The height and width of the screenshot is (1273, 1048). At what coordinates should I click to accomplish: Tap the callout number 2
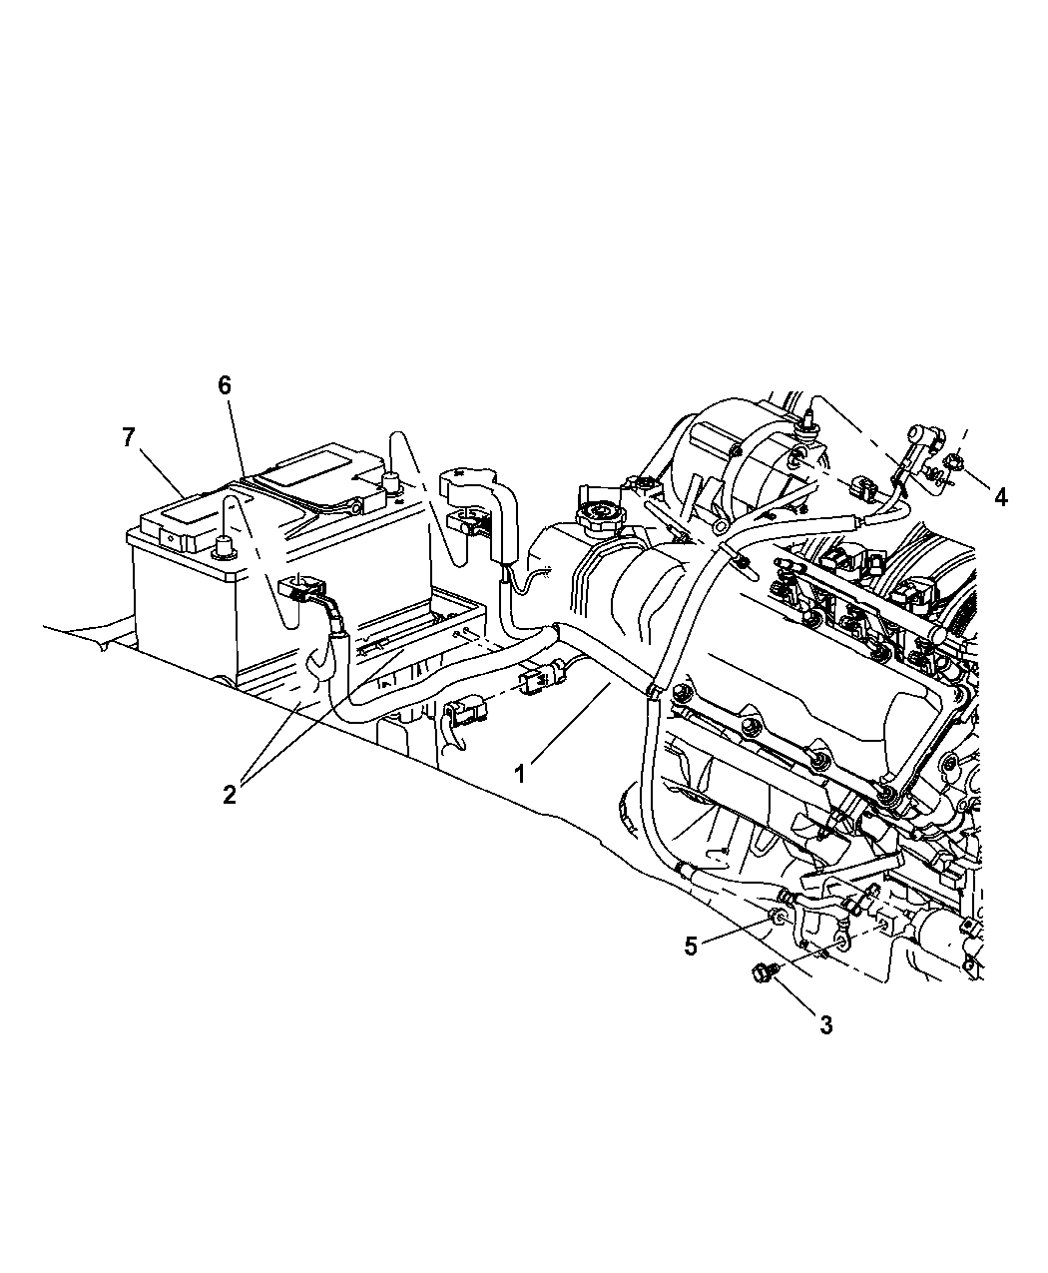pyautogui.click(x=230, y=795)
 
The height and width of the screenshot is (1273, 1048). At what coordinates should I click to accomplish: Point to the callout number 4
pyautogui.click(x=1000, y=497)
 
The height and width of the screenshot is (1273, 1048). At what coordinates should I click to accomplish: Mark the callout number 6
pyautogui.click(x=225, y=385)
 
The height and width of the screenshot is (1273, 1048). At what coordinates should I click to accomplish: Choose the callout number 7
pyautogui.click(x=128, y=437)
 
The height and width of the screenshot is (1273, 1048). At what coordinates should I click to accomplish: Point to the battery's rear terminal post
pyautogui.click(x=389, y=481)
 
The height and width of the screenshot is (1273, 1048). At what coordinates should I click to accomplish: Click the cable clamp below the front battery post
pyautogui.click(x=301, y=588)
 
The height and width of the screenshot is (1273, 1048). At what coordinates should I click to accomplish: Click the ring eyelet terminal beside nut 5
pyautogui.click(x=842, y=943)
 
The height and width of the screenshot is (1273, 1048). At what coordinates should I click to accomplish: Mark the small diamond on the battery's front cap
pyautogui.click(x=173, y=539)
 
